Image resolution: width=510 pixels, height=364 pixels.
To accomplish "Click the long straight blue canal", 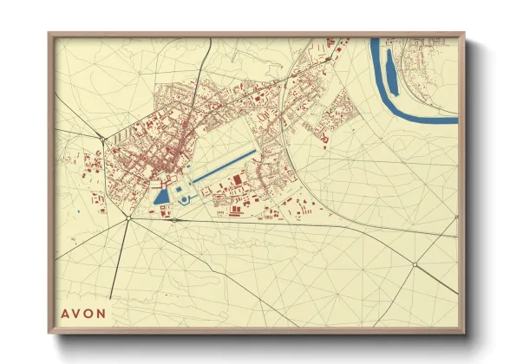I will tap(223, 166).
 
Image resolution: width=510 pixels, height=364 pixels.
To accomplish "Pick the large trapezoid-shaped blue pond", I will tap(161, 197).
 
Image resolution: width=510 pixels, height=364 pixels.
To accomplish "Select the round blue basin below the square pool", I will tap(183, 200).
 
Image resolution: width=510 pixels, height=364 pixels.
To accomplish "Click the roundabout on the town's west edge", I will tap(102, 139).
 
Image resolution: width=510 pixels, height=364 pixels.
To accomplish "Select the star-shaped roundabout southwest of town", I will tap(128, 218).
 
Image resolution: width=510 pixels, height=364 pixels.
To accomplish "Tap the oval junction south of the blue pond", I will tap(174, 220).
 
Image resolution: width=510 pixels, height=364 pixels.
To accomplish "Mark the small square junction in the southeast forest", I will tap(415, 264).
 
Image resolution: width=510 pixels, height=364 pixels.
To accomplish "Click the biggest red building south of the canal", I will tap(237, 180).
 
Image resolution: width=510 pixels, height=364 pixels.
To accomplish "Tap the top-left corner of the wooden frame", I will tap(49, 34).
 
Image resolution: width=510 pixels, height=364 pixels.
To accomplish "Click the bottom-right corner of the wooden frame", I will tap(463, 332).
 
